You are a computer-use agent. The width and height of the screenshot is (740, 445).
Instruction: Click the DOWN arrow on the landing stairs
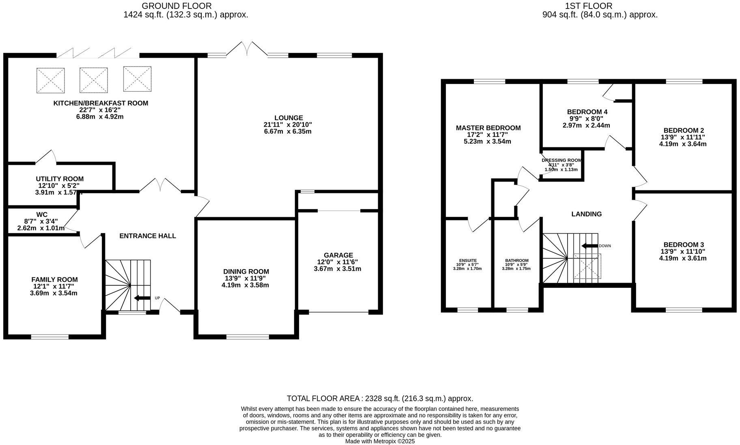tap(589, 246)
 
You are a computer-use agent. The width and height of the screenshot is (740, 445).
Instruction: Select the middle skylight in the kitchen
tap(94, 80)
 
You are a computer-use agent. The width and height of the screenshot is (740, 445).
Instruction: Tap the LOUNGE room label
tap(288, 118)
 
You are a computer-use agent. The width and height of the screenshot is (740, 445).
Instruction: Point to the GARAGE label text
tap(338, 255)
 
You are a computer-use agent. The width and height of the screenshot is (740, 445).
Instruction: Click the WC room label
tap(42, 214)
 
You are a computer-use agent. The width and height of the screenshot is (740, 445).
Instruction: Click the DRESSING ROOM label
tap(561, 160)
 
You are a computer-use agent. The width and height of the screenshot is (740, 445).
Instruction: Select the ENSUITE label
tap(468, 260)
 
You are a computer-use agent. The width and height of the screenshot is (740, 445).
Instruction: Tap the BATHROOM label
tap(516, 260)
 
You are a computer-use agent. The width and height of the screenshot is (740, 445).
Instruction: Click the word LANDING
tap(586, 214)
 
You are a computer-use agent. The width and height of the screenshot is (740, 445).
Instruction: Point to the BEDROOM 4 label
tap(587, 112)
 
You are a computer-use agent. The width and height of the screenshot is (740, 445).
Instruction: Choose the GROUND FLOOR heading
tap(176, 6)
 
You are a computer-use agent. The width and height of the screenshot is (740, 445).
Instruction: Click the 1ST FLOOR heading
tap(588, 6)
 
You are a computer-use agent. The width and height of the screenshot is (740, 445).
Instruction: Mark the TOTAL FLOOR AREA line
tap(380, 398)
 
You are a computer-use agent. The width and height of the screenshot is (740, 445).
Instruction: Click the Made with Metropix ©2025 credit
tap(380, 441)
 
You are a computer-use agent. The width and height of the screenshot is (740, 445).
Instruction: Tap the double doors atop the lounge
tap(247, 49)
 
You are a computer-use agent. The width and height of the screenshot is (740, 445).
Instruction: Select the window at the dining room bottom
tap(247, 337)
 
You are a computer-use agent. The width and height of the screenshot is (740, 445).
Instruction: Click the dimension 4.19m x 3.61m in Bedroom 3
tap(683, 258)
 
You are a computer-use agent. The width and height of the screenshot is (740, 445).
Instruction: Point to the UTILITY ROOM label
tap(60, 179)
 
